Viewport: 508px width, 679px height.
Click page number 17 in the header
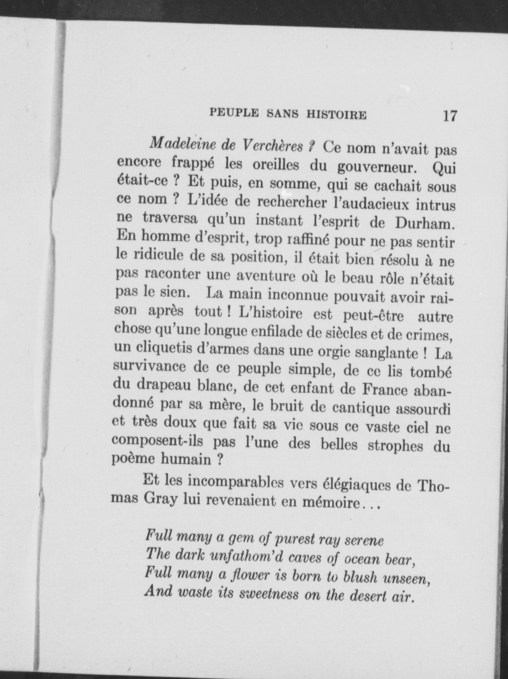450,116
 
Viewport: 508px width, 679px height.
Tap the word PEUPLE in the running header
234,113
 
